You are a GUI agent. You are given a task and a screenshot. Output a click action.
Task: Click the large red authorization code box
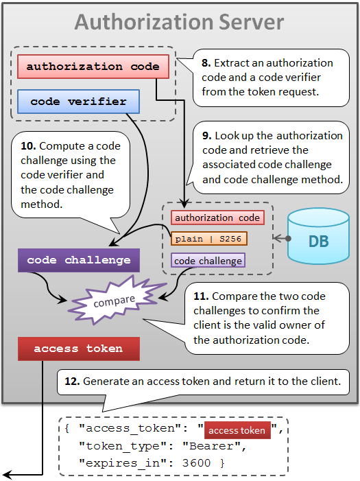[x=93, y=67]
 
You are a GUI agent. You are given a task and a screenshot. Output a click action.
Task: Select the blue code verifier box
[x=78, y=102]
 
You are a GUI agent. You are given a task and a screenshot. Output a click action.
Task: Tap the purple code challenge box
[x=78, y=260]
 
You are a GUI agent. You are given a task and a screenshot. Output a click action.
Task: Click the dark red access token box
[x=78, y=349]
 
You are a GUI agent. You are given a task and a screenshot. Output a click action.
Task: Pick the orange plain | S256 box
[x=209, y=239]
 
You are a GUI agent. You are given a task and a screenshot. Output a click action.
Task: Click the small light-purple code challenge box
[x=208, y=261]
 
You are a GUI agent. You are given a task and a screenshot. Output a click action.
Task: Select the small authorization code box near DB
[x=217, y=218]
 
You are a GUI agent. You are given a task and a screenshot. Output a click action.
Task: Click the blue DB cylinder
[x=319, y=236]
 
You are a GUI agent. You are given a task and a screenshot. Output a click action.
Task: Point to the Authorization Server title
[x=180, y=22]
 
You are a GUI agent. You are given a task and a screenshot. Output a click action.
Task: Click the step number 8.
[x=206, y=63]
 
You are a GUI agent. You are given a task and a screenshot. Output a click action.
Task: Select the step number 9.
[x=206, y=136]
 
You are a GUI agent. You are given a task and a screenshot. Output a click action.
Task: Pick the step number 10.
[x=29, y=146]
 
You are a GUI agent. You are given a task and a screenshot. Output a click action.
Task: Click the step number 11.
[x=201, y=296]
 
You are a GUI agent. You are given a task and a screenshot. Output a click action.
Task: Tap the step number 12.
[x=73, y=382]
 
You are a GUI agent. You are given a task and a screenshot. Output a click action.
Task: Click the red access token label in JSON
[x=237, y=430]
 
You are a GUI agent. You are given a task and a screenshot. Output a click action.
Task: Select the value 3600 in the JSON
[x=196, y=463]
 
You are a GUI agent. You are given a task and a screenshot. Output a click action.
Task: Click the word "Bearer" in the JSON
[x=211, y=446]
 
